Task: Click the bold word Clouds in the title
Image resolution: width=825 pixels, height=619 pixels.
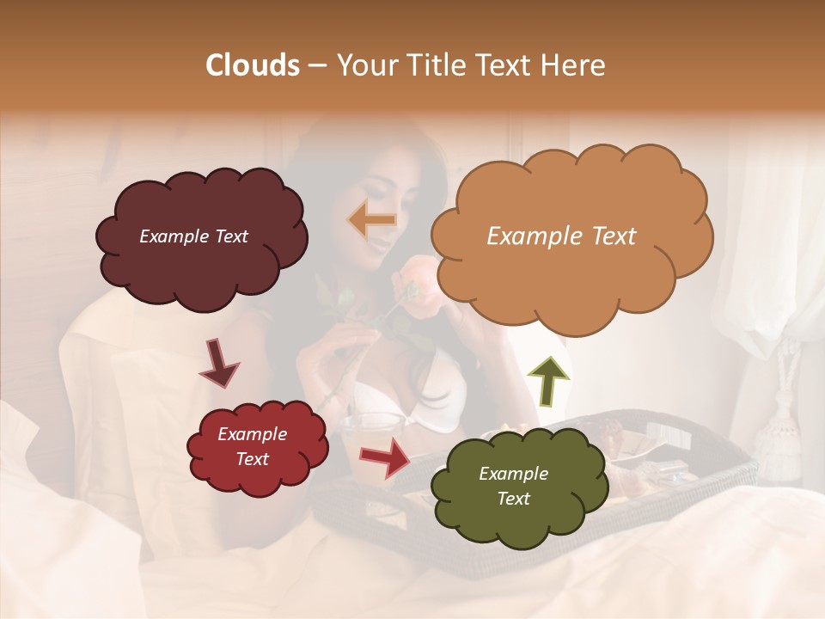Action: [253, 65]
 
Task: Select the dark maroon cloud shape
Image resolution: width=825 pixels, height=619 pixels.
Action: [201, 237]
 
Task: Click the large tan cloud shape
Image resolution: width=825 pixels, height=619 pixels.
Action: [571, 237]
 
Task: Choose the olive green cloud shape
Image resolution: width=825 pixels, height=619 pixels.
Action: [513, 487]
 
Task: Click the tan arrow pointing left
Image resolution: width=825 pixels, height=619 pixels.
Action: [371, 220]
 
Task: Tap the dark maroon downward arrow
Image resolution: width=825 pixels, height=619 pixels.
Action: [218, 363]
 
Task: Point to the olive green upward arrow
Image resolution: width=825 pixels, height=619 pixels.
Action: [547, 381]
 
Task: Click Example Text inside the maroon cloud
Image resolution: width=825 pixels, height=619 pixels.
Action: [193, 236]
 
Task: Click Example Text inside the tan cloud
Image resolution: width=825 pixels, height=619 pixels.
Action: [561, 236]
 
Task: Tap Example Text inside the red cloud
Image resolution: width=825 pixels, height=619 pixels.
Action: [252, 447]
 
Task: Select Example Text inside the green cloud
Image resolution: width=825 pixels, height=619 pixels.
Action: [513, 487]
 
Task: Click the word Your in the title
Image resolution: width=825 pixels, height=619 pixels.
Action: [363, 65]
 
